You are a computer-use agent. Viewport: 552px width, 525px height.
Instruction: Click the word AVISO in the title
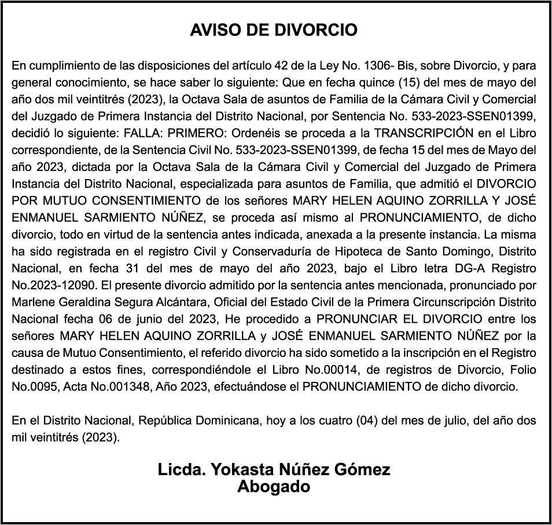[x=212, y=30]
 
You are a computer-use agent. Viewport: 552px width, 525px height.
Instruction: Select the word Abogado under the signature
[x=274, y=486]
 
